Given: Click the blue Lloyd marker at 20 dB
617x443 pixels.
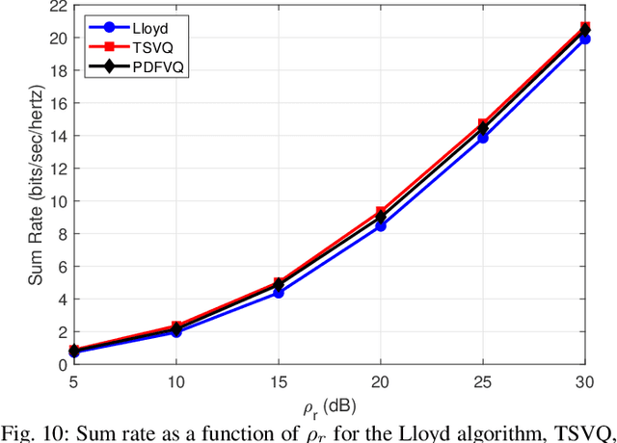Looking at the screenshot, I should click(x=381, y=225).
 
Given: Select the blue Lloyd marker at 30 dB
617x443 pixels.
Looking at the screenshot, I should click(x=584, y=39).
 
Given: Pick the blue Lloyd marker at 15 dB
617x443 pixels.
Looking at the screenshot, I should click(x=279, y=292).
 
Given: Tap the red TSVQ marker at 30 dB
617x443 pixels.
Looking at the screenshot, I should click(x=584, y=28).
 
